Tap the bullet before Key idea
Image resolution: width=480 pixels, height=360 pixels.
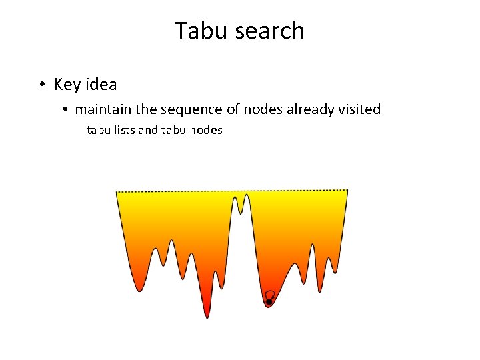click(x=41, y=85)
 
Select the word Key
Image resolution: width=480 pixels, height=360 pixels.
click(x=67, y=85)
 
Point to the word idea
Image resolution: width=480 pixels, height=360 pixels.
click(x=100, y=85)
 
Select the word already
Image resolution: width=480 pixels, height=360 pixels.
click(x=312, y=109)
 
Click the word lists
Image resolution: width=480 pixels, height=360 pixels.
click(x=122, y=130)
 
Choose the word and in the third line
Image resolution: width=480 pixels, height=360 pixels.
click(x=147, y=130)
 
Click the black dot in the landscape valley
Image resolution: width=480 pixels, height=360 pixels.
click(x=269, y=302)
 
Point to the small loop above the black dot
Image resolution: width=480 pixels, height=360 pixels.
click(x=270, y=295)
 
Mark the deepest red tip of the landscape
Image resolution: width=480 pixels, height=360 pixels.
click(x=207, y=316)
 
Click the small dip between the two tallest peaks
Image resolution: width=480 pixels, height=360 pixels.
click(x=240, y=212)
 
